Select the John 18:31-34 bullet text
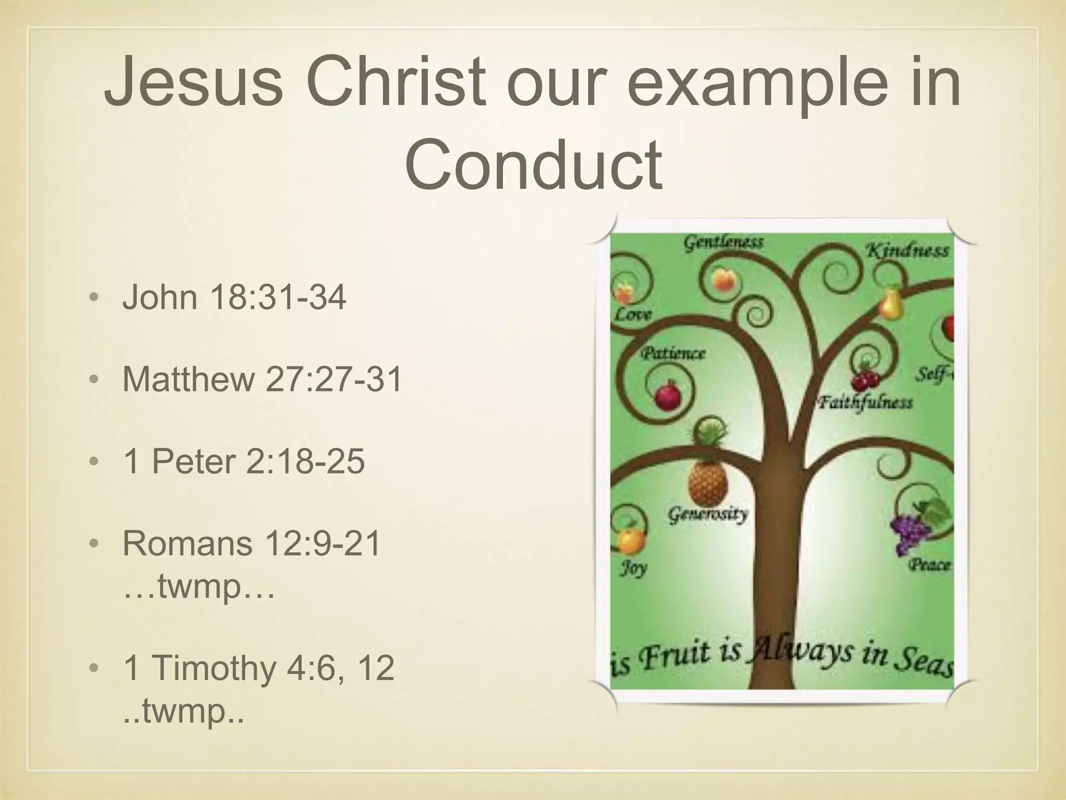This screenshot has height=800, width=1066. click(234, 297)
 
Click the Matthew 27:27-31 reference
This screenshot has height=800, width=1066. click(262, 379)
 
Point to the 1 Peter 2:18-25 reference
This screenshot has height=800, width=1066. click(244, 461)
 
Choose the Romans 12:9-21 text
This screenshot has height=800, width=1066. click(252, 543)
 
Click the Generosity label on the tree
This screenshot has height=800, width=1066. click(708, 515)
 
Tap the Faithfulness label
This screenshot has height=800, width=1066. click(865, 403)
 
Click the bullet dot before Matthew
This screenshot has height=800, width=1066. click(94, 380)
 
